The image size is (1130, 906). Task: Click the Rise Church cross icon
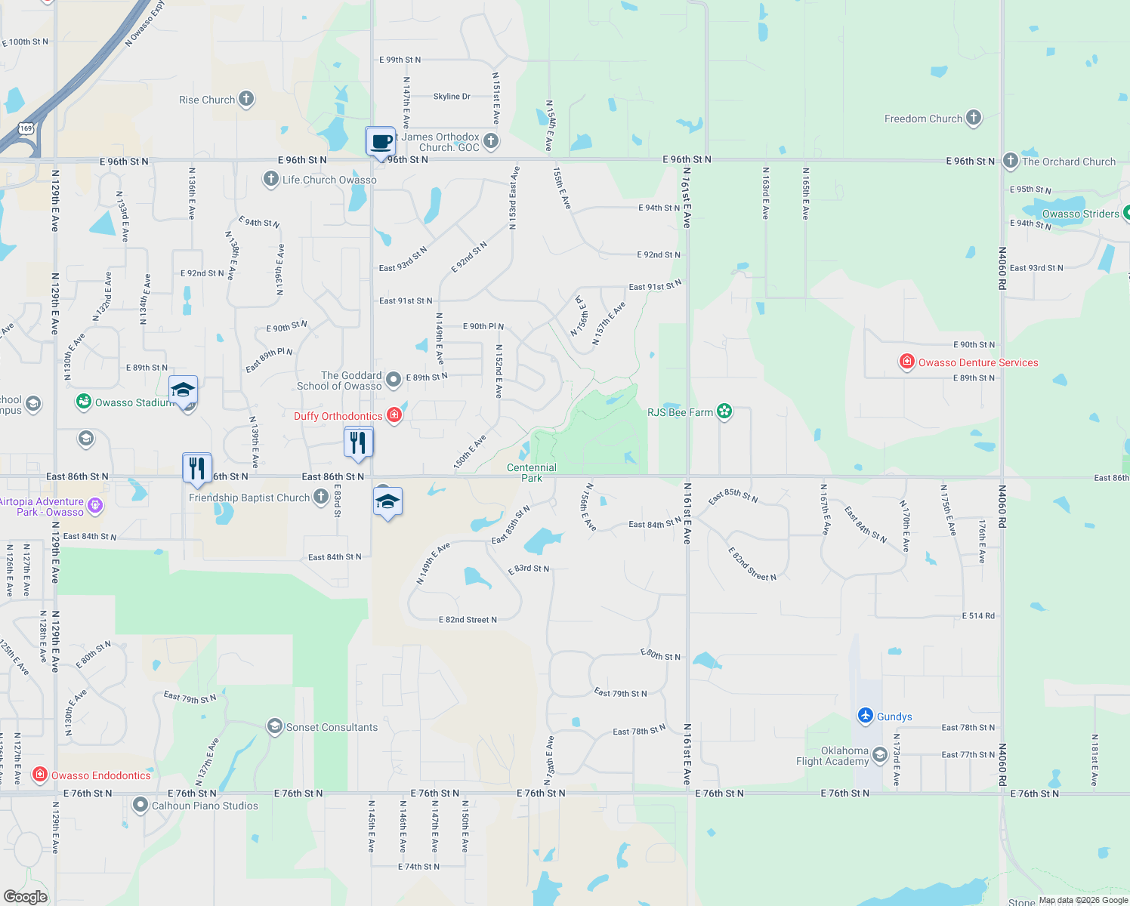(x=246, y=99)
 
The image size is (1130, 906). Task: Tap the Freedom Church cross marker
(x=974, y=118)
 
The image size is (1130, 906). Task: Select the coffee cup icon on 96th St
(x=381, y=141)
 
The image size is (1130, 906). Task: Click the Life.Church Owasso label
(x=329, y=180)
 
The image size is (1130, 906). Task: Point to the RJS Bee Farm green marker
(x=724, y=411)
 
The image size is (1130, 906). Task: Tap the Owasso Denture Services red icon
(x=907, y=362)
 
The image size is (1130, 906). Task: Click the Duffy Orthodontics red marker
(x=394, y=415)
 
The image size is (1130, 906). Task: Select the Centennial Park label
(x=532, y=473)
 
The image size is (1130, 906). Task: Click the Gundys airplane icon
(x=866, y=716)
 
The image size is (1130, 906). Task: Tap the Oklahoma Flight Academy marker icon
(x=879, y=755)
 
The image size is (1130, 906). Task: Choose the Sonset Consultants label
(x=332, y=727)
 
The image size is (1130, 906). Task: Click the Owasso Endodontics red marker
(x=40, y=775)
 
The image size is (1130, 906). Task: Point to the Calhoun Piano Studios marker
(x=140, y=806)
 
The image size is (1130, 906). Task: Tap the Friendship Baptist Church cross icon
(x=321, y=497)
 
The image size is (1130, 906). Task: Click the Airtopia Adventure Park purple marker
(x=95, y=506)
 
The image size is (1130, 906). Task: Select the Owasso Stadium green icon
(x=84, y=402)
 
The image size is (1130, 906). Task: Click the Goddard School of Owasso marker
(x=394, y=380)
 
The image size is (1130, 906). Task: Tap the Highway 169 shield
(x=27, y=128)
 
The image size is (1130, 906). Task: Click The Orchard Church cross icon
(x=1011, y=161)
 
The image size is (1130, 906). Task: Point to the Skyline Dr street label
(x=452, y=97)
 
